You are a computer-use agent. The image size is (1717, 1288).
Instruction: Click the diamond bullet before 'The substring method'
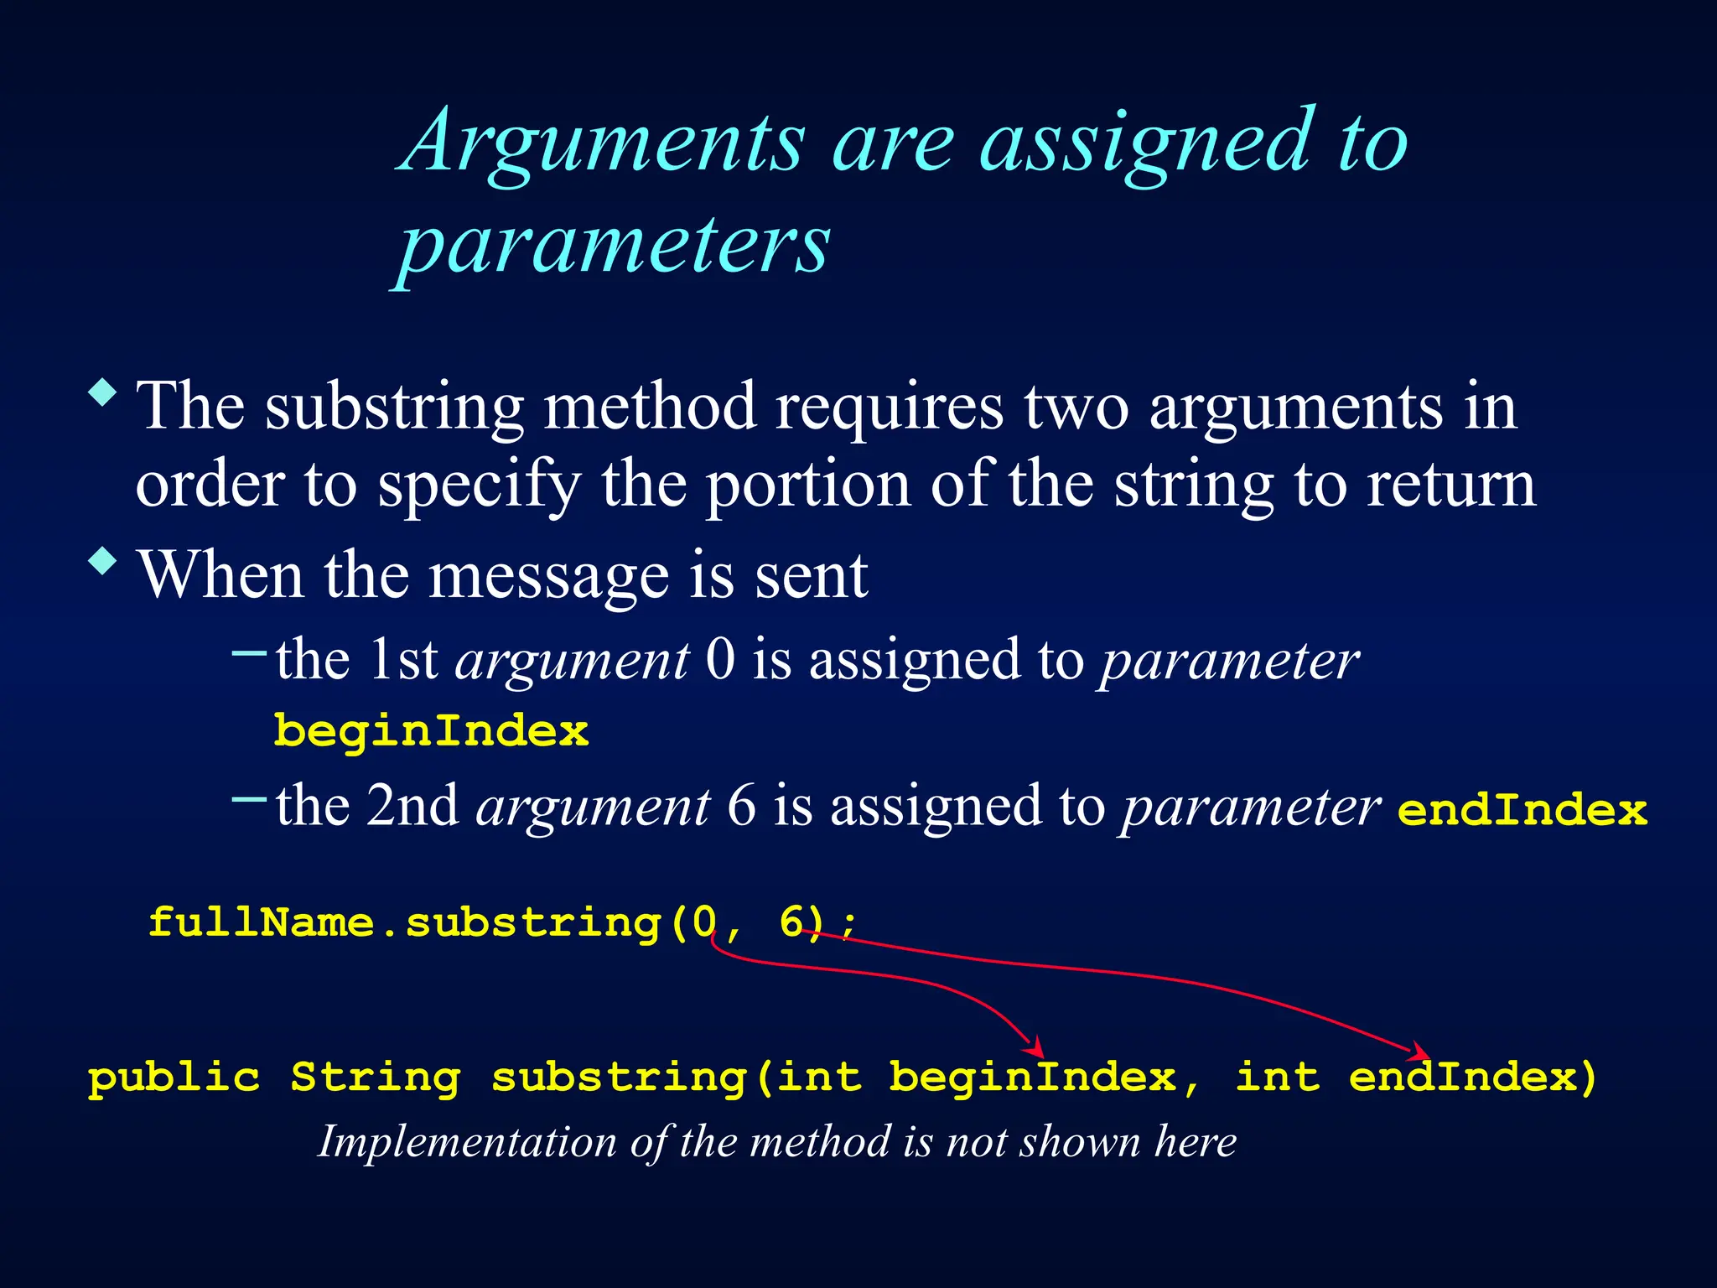[x=102, y=392]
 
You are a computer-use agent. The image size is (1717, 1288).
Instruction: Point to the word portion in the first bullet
[x=807, y=486]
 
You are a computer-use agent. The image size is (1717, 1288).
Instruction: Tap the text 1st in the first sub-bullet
[x=403, y=660]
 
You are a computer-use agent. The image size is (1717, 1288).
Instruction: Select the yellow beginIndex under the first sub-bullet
[x=431, y=731]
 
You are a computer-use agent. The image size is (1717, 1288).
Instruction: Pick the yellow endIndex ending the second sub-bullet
[x=1522, y=811]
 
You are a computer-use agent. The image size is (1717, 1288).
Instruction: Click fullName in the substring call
[x=261, y=922]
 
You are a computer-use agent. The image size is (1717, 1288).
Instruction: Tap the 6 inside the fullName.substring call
[x=791, y=922]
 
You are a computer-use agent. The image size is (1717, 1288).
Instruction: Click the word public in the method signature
[x=174, y=1078]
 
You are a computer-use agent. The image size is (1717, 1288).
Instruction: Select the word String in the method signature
[x=376, y=1078]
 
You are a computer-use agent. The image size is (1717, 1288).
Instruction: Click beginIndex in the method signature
[x=1033, y=1078]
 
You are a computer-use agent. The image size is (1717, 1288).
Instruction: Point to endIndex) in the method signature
[x=1473, y=1078]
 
